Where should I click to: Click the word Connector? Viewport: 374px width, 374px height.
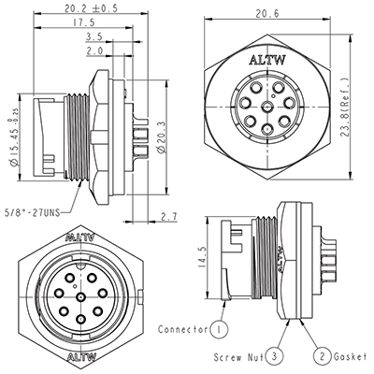pyautogui.click(x=182, y=330)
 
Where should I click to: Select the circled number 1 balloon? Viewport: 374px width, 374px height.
pyautogui.click(x=218, y=330)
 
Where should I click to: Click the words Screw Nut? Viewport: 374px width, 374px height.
pyautogui.click(x=237, y=356)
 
